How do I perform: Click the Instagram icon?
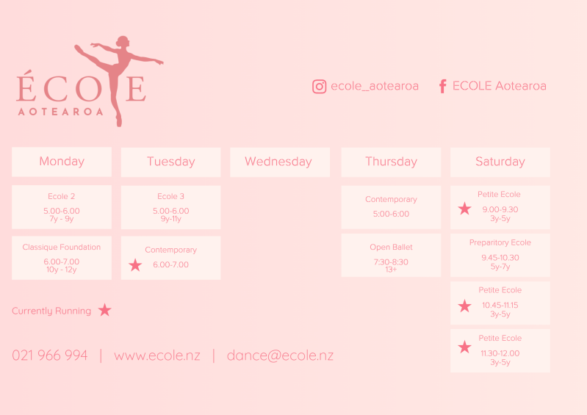(x=320, y=87)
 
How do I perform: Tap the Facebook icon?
(x=442, y=86)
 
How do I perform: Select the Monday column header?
(x=62, y=162)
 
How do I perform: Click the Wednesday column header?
(x=280, y=162)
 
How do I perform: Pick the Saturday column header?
(x=500, y=162)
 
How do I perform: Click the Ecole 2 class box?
(x=62, y=207)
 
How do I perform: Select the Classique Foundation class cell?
(x=62, y=258)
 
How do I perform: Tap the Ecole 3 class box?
(x=171, y=207)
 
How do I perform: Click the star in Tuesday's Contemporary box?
(x=135, y=265)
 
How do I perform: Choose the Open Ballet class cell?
(x=391, y=255)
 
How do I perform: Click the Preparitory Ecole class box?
(x=500, y=255)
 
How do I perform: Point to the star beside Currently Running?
(x=105, y=310)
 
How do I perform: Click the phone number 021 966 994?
(x=50, y=355)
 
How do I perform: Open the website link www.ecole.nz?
(x=157, y=356)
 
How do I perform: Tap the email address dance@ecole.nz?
(x=280, y=356)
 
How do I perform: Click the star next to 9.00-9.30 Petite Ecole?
(x=464, y=209)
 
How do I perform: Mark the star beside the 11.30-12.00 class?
(x=464, y=347)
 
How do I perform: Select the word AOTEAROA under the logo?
(x=61, y=112)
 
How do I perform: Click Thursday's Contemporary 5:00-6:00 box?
(x=391, y=207)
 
